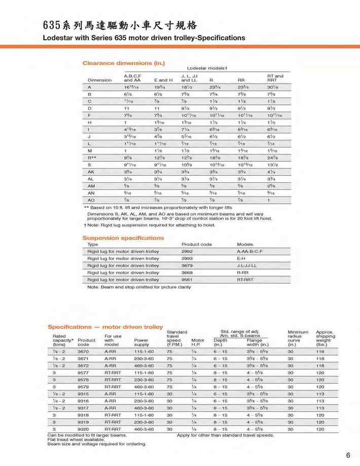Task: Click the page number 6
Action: [348, 455]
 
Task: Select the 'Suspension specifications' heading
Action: [123, 238]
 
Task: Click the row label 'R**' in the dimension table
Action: [92, 158]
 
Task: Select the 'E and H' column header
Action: [163, 80]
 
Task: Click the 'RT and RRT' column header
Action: [275, 78]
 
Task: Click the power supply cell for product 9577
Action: [143, 372]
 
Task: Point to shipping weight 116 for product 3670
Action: [320, 351]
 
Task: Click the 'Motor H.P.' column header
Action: [197, 342]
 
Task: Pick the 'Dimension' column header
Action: [99, 80]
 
